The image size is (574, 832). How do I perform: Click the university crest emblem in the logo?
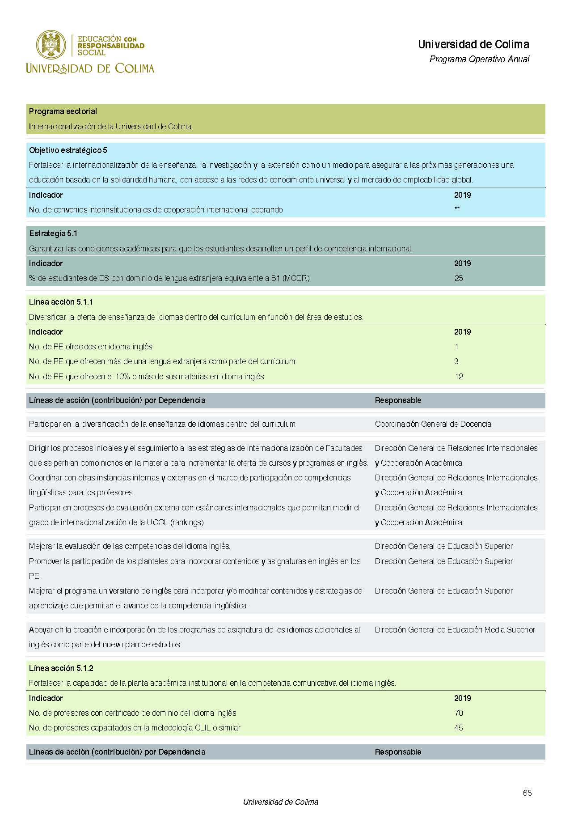coord(51,45)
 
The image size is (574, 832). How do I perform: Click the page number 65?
coord(527,793)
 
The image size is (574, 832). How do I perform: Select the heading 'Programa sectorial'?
coord(63,111)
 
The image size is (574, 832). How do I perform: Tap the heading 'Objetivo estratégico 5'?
coord(68,150)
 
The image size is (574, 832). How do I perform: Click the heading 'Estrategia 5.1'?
coord(53,233)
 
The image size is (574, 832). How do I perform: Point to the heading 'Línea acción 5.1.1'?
coord(61,302)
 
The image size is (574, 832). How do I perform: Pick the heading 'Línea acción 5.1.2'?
coord(61,668)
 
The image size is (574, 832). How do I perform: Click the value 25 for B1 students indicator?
coord(459,278)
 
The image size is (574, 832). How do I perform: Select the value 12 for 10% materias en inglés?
coord(459,377)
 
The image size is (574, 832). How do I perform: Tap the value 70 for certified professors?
coord(459,713)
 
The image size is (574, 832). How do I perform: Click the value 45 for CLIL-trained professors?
coord(459,728)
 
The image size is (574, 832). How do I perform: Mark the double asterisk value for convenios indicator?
coord(457,209)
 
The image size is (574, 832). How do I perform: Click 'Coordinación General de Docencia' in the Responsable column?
coord(433,424)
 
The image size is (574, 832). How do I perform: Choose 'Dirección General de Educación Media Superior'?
coord(455,630)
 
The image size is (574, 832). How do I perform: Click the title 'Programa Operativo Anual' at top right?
coord(479,59)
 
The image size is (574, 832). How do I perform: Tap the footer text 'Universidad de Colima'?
coord(280,802)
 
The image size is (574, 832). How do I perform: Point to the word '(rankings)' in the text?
coord(187,522)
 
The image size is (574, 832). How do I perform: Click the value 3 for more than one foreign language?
coord(456,361)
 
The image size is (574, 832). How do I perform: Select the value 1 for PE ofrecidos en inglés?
coord(456,347)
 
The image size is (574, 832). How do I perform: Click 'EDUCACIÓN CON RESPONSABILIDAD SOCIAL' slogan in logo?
coord(111,46)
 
